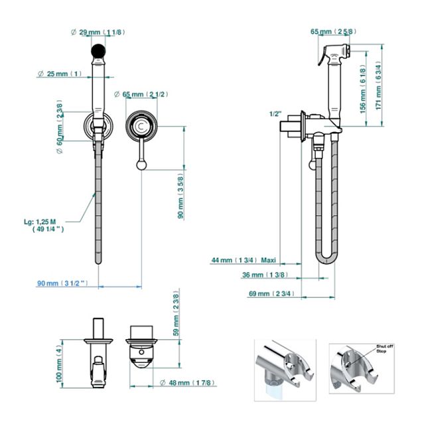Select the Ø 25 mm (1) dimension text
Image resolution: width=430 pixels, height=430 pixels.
click(x=59, y=73)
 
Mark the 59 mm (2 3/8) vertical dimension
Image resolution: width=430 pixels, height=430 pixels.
click(x=177, y=313)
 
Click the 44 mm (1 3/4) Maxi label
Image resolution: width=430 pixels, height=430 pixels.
click(x=244, y=259)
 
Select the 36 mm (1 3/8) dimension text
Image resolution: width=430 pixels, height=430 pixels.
click(x=258, y=274)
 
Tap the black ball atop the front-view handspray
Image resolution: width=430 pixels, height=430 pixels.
click(x=98, y=50)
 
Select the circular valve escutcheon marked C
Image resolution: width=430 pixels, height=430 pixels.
click(x=141, y=125)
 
